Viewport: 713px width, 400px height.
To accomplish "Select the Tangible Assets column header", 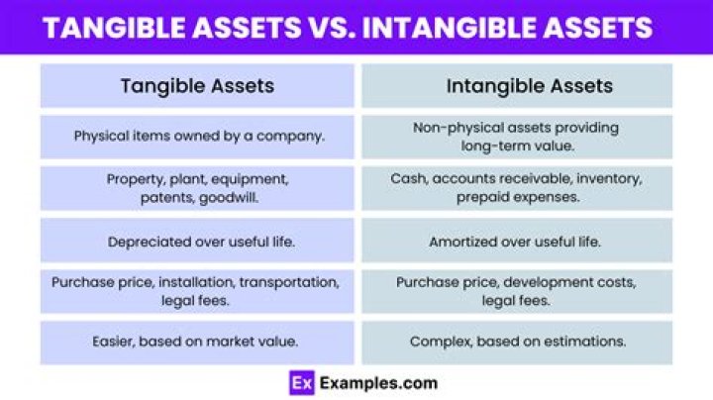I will [197, 86].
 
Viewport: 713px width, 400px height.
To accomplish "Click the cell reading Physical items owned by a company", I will [198, 136].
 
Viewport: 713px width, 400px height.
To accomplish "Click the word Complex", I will [438, 342].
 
